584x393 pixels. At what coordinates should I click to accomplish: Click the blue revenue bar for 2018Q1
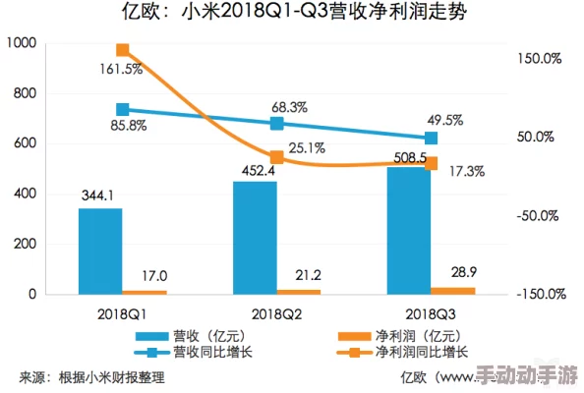point(100,251)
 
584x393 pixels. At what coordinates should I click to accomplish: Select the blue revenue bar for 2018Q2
point(255,238)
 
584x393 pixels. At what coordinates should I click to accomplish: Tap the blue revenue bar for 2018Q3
point(408,230)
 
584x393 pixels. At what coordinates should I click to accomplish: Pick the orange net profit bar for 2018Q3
point(453,290)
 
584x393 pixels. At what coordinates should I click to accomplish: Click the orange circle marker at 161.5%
point(123,50)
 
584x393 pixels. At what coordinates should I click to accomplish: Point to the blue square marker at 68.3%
point(277,123)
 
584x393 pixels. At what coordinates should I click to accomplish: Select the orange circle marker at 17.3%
point(432,164)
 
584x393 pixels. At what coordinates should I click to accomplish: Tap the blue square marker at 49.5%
point(432,139)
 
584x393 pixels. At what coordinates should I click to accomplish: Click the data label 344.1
point(100,195)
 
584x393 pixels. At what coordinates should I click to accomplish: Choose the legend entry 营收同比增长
point(209,352)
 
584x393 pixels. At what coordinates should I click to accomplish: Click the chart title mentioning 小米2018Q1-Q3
point(292,14)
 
